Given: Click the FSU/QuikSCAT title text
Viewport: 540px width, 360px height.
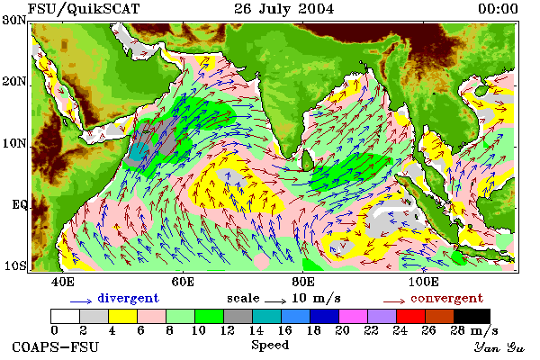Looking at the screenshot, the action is coord(84,9).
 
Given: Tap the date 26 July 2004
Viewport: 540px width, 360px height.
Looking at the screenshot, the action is coord(284,9).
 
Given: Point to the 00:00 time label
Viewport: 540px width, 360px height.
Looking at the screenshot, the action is coord(498,9).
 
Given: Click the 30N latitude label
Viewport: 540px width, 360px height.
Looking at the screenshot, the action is coord(14,20).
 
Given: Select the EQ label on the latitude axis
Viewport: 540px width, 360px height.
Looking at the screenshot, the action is coord(20,205).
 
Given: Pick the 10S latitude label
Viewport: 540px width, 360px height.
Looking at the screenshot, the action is coord(14,266).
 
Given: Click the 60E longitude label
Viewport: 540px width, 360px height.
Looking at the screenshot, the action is coord(183,282).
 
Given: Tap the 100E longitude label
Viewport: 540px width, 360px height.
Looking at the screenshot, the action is coord(423,282).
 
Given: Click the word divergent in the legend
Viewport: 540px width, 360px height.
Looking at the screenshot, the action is coord(128,298).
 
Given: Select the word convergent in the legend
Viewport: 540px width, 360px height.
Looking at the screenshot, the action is coord(446,298).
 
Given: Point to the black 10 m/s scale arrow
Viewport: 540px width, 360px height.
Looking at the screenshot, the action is coord(275,301).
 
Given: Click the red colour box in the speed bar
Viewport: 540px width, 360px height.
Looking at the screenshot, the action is coord(410,316).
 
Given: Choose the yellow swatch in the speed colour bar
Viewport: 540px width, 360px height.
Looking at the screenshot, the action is coord(122,316).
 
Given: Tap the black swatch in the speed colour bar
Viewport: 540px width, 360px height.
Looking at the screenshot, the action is coord(472,316).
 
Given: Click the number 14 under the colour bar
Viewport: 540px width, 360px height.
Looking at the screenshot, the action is coord(256,330).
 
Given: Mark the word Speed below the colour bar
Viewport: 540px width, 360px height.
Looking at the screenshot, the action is coord(270,346).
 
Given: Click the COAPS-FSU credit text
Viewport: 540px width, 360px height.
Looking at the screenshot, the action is coord(56,346).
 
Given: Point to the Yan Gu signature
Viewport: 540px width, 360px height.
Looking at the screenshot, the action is coord(499,347).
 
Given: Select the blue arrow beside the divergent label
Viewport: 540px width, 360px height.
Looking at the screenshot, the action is coord(81,301).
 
